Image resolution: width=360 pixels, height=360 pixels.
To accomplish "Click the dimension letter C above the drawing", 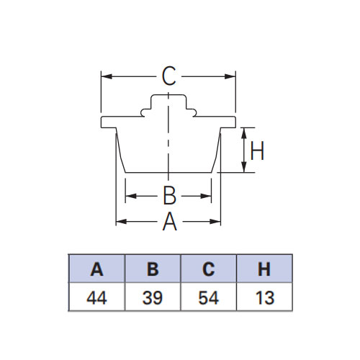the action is pyautogui.click(x=169, y=76).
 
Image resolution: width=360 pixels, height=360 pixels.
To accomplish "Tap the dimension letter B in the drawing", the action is pyautogui.click(x=169, y=196).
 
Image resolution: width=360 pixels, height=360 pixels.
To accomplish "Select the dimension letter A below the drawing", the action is pyautogui.click(x=170, y=221).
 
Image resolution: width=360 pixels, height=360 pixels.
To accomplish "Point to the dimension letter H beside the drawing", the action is pyautogui.click(x=257, y=150).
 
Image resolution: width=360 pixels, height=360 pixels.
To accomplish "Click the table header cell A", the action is pyautogui.click(x=96, y=269).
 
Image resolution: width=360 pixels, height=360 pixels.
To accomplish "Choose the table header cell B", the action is pyautogui.click(x=153, y=269).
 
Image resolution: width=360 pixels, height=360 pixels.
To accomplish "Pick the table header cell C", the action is pyautogui.click(x=209, y=269).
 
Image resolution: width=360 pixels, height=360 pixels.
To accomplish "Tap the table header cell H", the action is pyautogui.click(x=264, y=269).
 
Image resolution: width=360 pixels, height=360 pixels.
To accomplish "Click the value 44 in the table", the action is pyautogui.click(x=96, y=298).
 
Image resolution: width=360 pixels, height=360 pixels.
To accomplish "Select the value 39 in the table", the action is pyautogui.click(x=153, y=298).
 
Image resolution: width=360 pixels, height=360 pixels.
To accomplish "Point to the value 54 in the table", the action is pyautogui.click(x=209, y=298).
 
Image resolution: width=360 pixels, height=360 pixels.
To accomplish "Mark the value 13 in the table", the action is pyautogui.click(x=265, y=298).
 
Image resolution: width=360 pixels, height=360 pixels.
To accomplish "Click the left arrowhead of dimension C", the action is pyautogui.click(x=107, y=76).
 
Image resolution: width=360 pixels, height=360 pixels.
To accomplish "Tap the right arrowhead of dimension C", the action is pyautogui.click(x=230, y=76).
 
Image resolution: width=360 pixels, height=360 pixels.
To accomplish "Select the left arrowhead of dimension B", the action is pyautogui.click(x=131, y=196).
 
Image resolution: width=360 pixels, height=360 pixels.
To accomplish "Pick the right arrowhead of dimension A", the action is pyautogui.click(x=215, y=221).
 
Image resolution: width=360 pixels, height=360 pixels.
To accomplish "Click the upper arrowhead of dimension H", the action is pyautogui.click(x=244, y=133).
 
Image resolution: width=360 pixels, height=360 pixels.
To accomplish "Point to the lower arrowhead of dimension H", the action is pyautogui.click(x=244, y=167).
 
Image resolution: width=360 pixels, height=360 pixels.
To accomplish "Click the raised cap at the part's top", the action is pyautogui.click(x=168, y=102).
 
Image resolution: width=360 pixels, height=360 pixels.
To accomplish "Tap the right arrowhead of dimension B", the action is pyautogui.click(x=206, y=196).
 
